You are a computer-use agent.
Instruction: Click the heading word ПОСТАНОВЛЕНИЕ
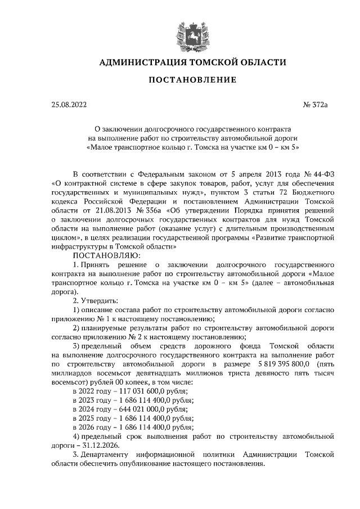click(192, 80)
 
